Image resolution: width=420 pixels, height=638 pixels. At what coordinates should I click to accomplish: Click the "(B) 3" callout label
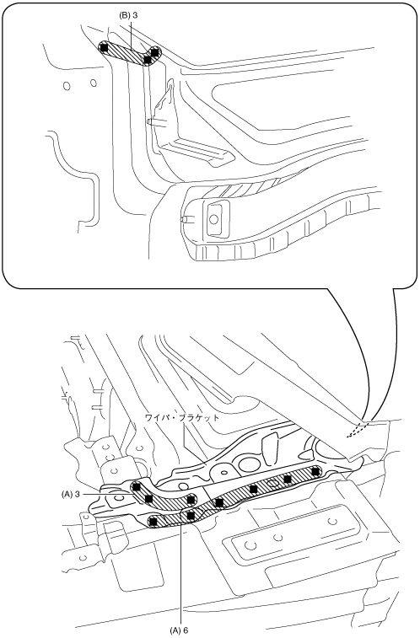(128, 15)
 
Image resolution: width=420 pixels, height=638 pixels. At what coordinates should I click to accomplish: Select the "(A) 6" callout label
(179, 630)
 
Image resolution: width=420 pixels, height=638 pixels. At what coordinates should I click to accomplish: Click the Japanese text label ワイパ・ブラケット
(182, 417)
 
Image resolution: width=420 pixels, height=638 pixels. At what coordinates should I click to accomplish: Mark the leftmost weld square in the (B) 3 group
(105, 47)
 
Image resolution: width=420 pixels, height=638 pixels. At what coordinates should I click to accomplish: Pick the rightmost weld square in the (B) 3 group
(154, 51)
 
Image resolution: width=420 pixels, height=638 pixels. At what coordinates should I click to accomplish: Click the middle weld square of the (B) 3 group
(148, 60)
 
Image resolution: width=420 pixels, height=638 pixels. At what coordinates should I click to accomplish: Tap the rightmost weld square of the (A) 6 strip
(315, 471)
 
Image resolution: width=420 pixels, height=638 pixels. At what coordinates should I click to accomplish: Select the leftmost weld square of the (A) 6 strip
(153, 521)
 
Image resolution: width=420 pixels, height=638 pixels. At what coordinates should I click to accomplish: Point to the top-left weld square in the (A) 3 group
(137, 486)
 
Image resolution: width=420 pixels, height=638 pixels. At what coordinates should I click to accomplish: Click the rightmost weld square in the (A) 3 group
(190, 499)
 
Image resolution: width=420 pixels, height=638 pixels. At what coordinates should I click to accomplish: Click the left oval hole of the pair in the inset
(67, 86)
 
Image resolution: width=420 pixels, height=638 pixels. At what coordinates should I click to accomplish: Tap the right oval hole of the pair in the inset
(94, 83)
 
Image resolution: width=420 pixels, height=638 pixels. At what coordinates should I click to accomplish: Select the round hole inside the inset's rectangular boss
(213, 219)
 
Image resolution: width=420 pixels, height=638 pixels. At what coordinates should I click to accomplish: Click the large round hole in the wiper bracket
(247, 464)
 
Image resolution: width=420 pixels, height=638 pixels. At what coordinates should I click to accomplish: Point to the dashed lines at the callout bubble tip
(358, 429)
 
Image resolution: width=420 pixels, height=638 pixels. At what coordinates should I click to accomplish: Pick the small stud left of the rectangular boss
(184, 218)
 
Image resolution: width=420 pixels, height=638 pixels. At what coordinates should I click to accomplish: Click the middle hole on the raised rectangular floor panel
(278, 538)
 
